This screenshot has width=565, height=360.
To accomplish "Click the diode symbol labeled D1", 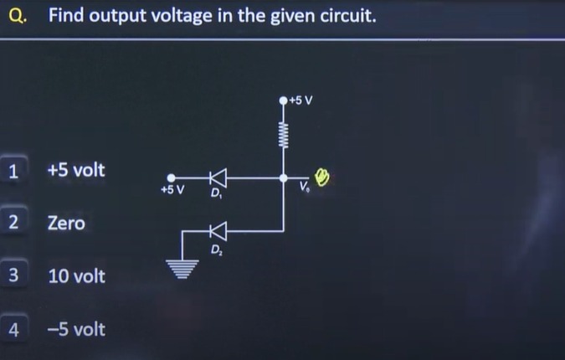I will (x=218, y=177).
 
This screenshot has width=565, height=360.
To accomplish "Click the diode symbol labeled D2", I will (x=218, y=230).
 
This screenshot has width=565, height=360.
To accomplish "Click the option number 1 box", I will (x=13, y=171).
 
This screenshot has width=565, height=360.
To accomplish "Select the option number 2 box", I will (x=13, y=223).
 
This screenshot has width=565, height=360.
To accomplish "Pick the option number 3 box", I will (x=13, y=275).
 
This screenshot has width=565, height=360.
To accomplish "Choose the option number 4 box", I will (x=13, y=329).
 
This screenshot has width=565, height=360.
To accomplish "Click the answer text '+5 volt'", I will (x=76, y=170).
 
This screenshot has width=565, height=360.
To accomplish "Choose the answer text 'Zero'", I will (x=66, y=224).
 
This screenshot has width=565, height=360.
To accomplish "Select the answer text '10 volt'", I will (x=76, y=276).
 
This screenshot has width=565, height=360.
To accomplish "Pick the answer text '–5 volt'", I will (x=76, y=329).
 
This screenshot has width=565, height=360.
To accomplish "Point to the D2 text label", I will (x=216, y=249).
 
